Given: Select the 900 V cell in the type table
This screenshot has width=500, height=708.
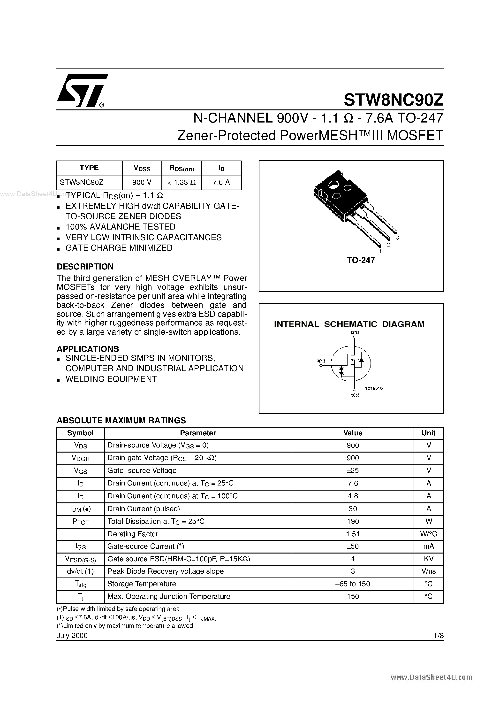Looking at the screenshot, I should click(x=142, y=182).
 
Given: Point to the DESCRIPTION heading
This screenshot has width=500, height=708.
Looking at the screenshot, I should click(x=85, y=266).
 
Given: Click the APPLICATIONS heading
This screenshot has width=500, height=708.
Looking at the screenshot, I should click(x=88, y=349).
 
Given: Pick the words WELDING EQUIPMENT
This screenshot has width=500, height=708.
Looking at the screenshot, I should click(x=111, y=379).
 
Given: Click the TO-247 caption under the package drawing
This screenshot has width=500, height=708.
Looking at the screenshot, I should click(x=361, y=260).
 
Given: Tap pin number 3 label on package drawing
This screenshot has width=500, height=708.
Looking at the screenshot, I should click(x=398, y=238).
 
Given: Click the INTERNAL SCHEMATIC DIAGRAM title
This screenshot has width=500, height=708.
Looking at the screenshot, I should click(x=349, y=324).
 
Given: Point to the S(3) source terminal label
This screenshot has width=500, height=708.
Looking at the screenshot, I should click(x=355, y=395).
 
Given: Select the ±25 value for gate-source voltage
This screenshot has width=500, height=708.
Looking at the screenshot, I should click(x=353, y=470).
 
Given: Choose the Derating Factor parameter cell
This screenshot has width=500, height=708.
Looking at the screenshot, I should click(x=133, y=534).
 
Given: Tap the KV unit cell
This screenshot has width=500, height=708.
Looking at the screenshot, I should click(x=428, y=559).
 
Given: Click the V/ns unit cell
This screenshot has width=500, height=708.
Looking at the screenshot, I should click(x=428, y=571).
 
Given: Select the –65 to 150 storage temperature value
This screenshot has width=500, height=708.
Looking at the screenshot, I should click(x=353, y=584).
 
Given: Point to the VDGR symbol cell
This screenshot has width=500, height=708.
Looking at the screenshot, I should click(x=80, y=458).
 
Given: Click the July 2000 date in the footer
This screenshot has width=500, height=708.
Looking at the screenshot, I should click(x=72, y=636).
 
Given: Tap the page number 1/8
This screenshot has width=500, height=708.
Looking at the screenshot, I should click(x=438, y=636).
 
